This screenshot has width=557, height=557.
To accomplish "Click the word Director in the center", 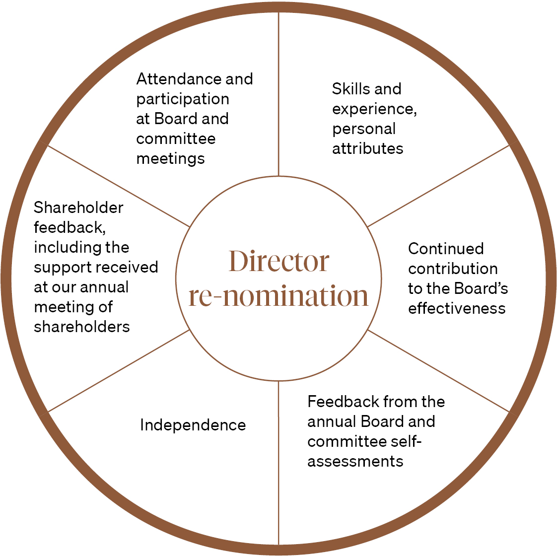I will coord(278,261).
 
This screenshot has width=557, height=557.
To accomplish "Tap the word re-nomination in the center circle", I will coord(278,296).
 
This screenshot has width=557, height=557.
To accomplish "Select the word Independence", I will coord(193,425).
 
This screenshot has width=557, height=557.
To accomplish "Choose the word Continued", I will coord(445,249).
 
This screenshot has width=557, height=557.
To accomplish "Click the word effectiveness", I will coord(457,308).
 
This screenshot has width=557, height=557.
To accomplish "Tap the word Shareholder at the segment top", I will coord(78,208).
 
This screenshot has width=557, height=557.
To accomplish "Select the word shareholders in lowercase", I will coord(82,327).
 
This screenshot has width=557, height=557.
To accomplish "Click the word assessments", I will coord(355,461).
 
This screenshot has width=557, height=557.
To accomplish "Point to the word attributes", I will coord(367,148).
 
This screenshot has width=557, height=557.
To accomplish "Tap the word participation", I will coord(183,99).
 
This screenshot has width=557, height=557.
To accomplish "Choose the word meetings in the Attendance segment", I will coord(170,158).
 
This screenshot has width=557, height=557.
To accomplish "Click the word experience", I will coord(374,109).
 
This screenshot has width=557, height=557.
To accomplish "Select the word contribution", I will coord(453,269).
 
